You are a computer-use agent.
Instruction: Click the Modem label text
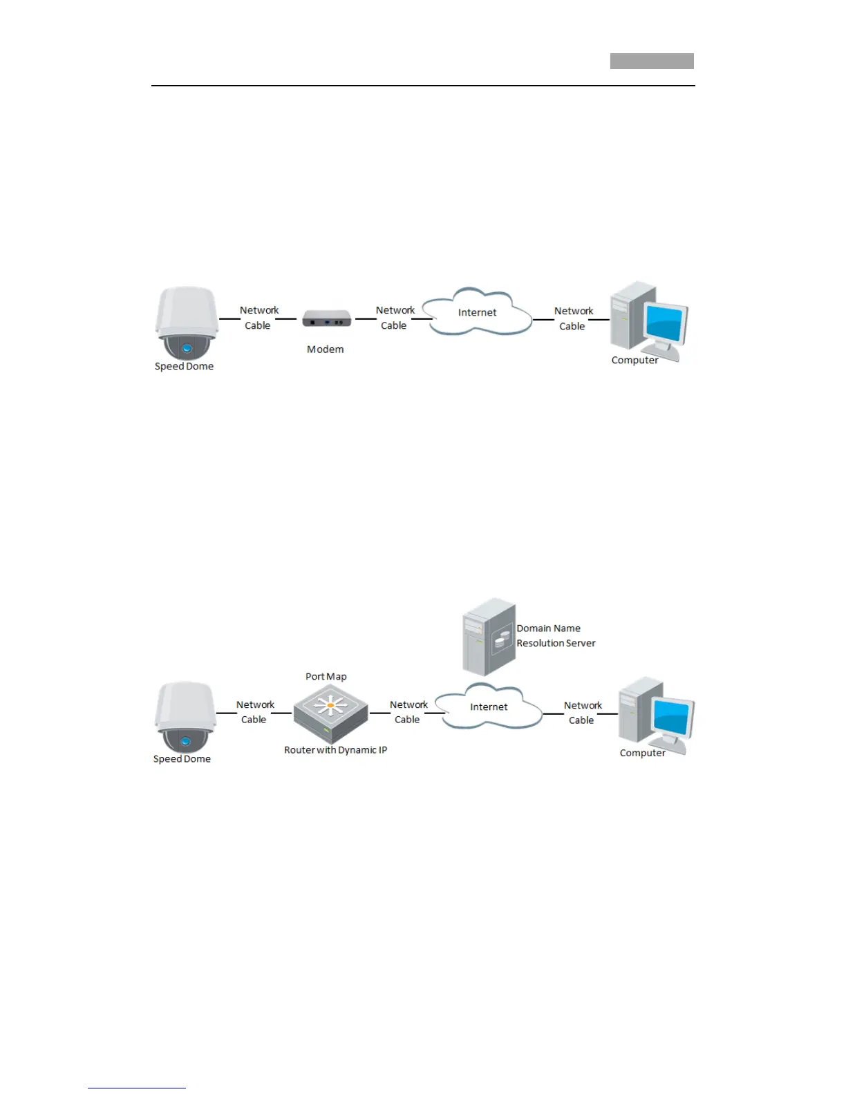coord(325,349)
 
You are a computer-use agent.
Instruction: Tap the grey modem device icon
coord(326,320)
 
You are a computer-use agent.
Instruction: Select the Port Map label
coord(326,677)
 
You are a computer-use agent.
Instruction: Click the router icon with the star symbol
coord(330,712)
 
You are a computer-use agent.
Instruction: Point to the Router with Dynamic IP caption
coord(335,750)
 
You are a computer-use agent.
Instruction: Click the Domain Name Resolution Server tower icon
coord(489,637)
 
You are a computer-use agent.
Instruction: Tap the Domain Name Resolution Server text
coord(556,635)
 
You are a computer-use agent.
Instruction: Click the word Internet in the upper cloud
coord(477,312)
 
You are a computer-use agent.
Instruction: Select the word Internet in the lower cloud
coord(489,707)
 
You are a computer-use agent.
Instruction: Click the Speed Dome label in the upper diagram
coord(184,367)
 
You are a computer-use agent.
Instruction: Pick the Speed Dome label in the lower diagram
coord(182,759)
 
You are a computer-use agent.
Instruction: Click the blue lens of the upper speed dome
coord(187,349)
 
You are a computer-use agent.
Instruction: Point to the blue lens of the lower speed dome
coord(185,742)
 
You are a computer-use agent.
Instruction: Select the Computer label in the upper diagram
coord(634,361)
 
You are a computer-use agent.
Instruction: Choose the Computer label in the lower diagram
coord(642,753)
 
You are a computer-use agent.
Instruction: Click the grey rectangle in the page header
coord(652,61)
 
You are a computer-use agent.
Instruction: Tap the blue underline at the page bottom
coord(137,1088)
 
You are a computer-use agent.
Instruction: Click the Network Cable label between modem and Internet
coord(395,318)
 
